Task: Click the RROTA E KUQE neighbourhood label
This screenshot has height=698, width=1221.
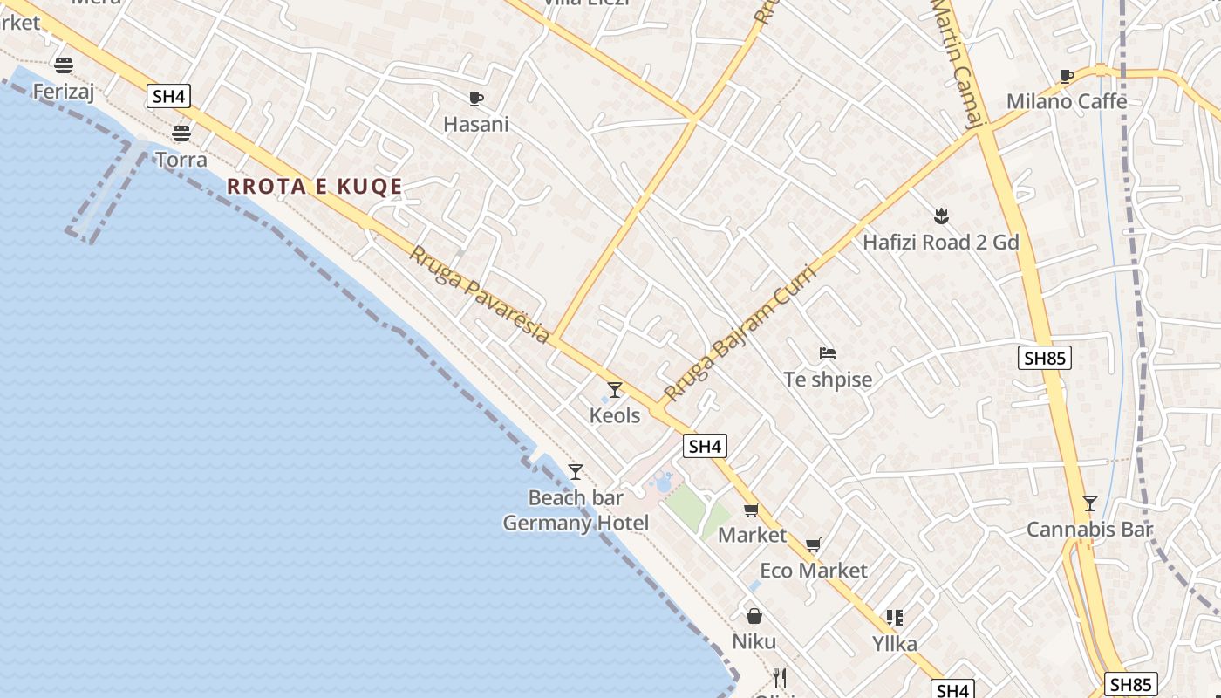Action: (x=315, y=187)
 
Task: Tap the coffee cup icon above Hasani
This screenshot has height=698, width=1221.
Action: (x=475, y=99)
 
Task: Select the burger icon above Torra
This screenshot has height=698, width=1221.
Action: (x=181, y=133)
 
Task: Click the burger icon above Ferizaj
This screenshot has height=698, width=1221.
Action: (x=63, y=65)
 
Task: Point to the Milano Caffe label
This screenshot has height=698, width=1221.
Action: (x=1067, y=101)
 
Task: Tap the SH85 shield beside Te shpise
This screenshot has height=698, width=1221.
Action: (x=1045, y=358)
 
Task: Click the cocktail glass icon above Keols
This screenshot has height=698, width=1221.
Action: (x=615, y=389)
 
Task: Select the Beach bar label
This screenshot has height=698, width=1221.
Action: (x=576, y=498)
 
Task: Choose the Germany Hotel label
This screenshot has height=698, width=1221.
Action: (x=576, y=523)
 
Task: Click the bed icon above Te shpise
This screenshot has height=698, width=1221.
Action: (x=828, y=353)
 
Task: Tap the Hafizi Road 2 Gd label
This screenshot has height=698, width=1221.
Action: (x=941, y=243)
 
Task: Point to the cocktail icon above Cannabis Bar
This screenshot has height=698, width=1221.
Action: (x=1089, y=503)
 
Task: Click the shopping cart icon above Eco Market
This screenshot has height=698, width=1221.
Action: (x=814, y=545)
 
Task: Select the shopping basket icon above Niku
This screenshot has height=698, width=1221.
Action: (x=754, y=616)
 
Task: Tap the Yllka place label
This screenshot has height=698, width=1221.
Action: (x=895, y=644)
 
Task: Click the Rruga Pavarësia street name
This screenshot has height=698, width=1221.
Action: (x=480, y=294)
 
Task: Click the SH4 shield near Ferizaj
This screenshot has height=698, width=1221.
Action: (x=169, y=96)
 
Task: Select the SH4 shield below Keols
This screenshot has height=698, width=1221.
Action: (x=705, y=447)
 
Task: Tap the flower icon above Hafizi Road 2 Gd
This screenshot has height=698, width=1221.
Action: (x=940, y=216)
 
